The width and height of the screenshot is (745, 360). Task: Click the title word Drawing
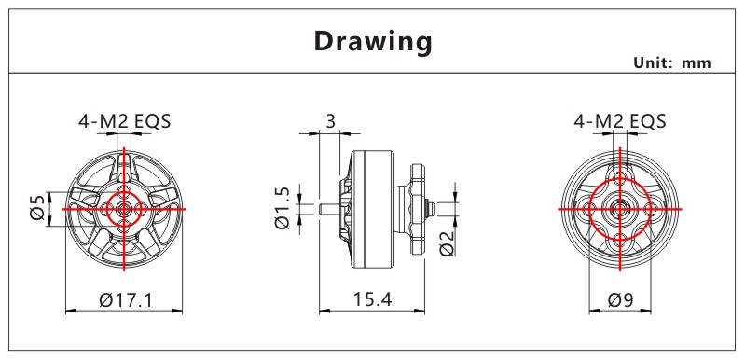click(x=373, y=42)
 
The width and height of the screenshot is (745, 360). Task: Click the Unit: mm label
click(x=672, y=63)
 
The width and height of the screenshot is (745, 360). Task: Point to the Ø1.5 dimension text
click(x=283, y=208)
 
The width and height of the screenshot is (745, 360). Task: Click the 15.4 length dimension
click(x=372, y=299)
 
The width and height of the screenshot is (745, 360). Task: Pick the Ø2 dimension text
click(x=448, y=242)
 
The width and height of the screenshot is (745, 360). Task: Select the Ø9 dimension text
click(x=620, y=299)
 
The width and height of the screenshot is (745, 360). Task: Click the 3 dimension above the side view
click(x=331, y=121)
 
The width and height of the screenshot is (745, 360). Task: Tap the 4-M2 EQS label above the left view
click(x=125, y=121)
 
